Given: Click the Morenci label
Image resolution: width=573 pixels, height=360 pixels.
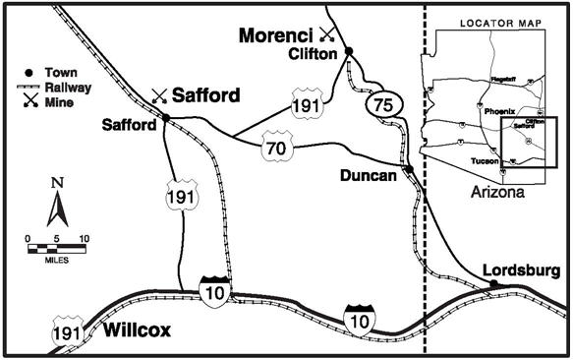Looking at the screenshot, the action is coord(278,35).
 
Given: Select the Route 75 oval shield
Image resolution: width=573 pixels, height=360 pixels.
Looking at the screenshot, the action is coord(377,102).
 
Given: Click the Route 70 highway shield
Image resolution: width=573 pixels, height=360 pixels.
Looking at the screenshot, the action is coord(276,149).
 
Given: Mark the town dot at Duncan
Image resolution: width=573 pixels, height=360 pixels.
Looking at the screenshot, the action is coord(406,169).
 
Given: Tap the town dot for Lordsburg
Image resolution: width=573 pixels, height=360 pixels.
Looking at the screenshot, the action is coord(493,284).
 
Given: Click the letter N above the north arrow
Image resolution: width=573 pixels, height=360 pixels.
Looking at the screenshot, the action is coord(57,184).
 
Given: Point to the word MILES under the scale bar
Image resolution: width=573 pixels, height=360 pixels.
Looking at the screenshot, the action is coord(57,261).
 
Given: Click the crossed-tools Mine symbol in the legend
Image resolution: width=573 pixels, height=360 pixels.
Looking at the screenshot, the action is coord(30,99).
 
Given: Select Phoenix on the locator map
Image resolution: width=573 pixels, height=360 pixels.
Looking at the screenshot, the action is coord(499,111).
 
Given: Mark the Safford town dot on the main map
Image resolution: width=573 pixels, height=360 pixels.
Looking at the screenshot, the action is coord(165,118).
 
